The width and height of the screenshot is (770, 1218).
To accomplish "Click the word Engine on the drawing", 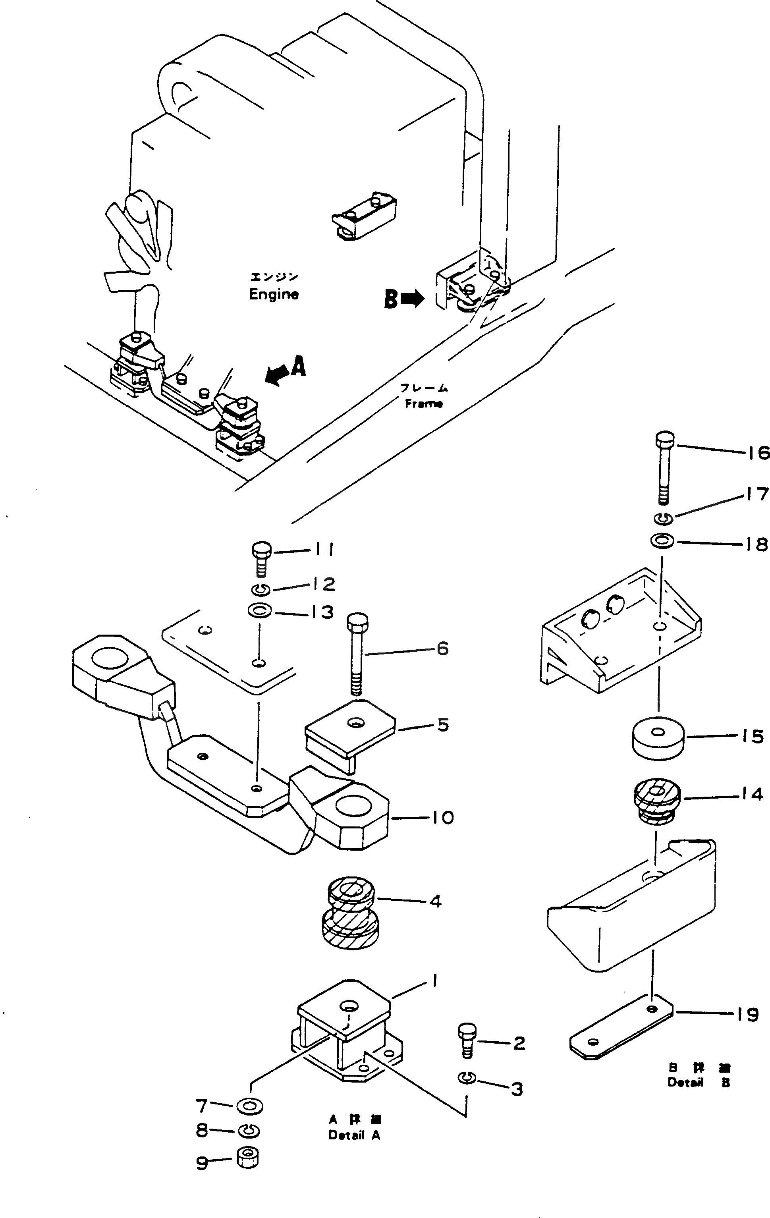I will coord(274,294).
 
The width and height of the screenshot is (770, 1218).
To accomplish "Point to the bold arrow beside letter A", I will coord(276,375).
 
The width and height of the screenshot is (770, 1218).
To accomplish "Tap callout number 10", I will coord(442,817).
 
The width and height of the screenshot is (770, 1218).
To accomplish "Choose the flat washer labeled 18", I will coord(662,542).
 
